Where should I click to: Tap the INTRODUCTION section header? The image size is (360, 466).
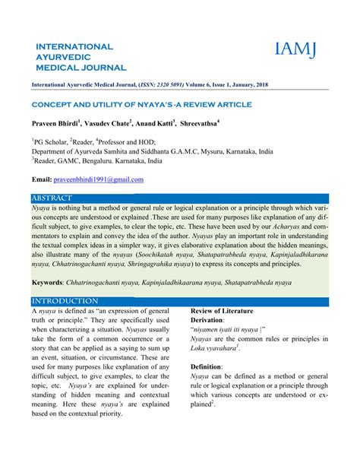(x=60, y=301)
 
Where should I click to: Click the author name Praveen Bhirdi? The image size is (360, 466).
(x=58, y=122)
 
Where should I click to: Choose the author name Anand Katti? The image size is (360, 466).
(x=156, y=122)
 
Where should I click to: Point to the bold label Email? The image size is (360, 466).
(x=41, y=179)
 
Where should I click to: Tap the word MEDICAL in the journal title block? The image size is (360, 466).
(x=59, y=67)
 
